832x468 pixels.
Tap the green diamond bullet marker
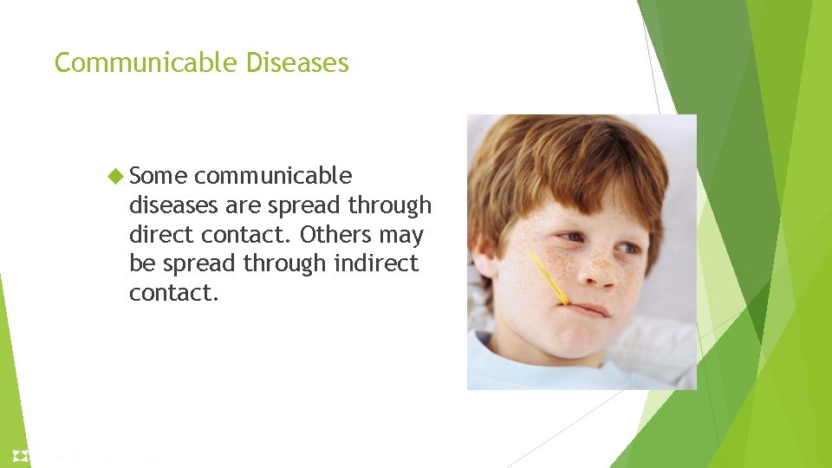point(119,176)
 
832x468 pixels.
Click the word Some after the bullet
point(158,176)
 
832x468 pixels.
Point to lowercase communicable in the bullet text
point(273,176)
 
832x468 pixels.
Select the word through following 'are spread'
point(389,205)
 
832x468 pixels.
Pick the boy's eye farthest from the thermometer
point(630,249)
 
